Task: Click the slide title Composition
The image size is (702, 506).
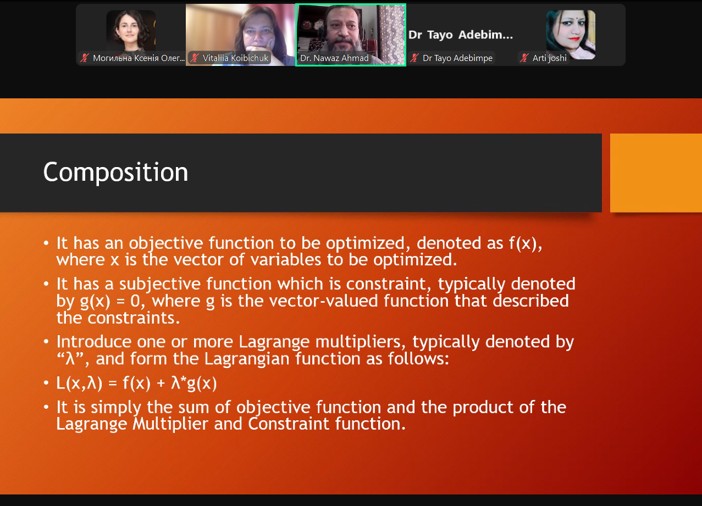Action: click(x=115, y=172)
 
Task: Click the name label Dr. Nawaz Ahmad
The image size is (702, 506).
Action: click(x=334, y=58)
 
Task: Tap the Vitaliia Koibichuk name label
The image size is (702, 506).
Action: click(x=235, y=58)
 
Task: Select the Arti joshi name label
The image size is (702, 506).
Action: click(x=549, y=58)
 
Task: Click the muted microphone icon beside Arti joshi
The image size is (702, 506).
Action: click(x=524, y=58)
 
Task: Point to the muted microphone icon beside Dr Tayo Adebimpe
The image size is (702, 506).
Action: click(x=414, y=58)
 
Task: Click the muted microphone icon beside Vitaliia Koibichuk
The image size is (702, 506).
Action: click(x=195, y=58)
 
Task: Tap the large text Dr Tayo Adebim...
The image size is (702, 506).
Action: click(x=460, y=35)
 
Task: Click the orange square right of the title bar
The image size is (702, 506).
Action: click(x=656, y=173)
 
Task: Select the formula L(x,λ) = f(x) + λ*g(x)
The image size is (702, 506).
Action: click(x=136, y=383)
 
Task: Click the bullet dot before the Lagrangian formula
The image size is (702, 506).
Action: click(x=46, y=382)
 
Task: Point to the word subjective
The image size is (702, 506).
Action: click(x=160, y=285)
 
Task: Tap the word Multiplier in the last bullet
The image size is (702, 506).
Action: click(x=170, y=424)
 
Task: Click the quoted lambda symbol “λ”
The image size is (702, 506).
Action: click(x=70, y=359)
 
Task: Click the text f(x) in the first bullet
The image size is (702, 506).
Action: click(x=522, y=243)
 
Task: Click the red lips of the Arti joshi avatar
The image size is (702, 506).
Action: click(x=574, y=39)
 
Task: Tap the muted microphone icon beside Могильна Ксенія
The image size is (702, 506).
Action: click(x=85, y=58)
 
